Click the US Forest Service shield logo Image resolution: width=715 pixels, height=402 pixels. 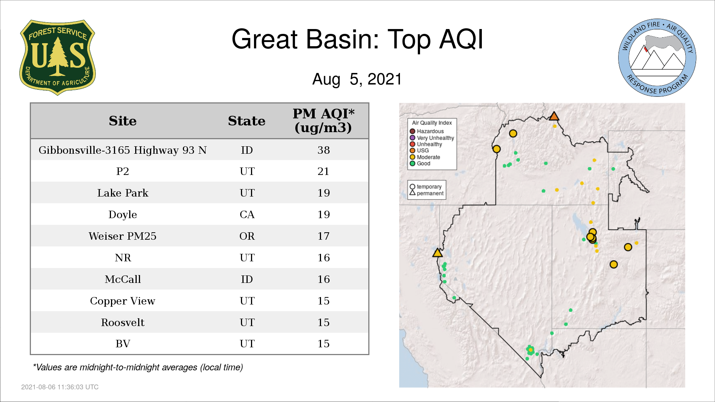point(57,57)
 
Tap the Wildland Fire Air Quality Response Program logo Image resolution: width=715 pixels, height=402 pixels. point(657,58)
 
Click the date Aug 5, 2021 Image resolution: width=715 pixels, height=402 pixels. point(357,79)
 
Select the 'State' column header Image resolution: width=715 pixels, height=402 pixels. point(247,121)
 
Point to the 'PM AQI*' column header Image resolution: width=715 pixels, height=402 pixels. point(323,114)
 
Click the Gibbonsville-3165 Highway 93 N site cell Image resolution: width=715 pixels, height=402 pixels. point(123,150)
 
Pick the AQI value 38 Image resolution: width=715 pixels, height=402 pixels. point(324,150)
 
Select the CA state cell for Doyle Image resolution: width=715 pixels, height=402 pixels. point(247,215)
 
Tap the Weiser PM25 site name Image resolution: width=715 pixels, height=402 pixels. point(123,236)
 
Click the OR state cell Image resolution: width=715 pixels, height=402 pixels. point(247,236)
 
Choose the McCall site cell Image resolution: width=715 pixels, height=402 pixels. point(123,280)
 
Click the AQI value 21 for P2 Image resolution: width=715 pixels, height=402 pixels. point(323,172)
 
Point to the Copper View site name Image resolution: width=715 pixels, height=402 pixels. point(123,301)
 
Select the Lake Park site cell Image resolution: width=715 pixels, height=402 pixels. point(123,193)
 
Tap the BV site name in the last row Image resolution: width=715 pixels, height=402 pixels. point(123,344)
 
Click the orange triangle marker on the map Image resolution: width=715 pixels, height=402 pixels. point(554,117)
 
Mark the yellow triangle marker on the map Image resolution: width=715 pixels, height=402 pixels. point(438,253)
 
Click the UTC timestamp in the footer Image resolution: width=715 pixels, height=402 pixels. point(60,387)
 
